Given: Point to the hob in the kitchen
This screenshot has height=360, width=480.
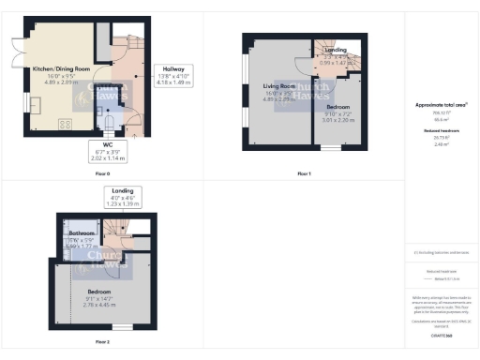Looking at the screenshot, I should pos(65,122).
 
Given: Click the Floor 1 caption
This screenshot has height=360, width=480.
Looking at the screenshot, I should pos(304,174).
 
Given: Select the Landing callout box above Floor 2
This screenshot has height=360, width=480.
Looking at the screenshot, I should pos(116,198).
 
